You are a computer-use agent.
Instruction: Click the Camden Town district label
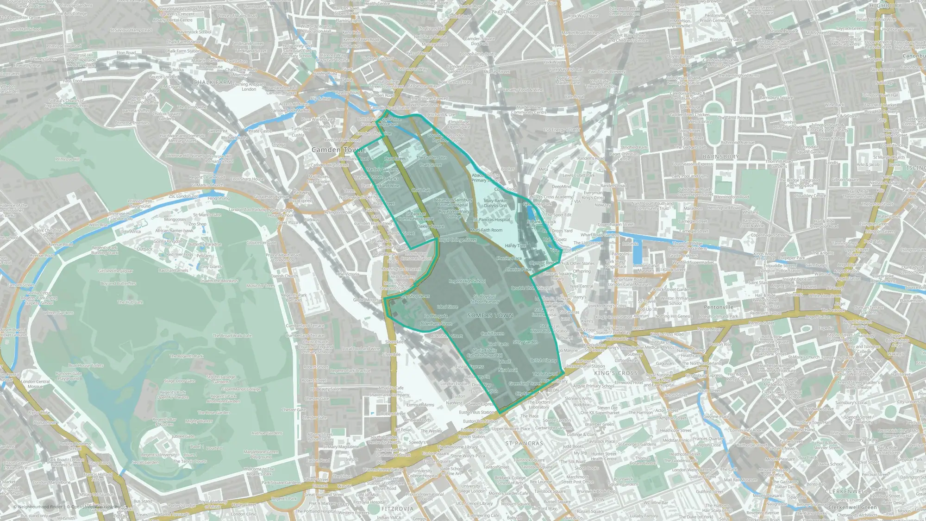(x=337, y=150)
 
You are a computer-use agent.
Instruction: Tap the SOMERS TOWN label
(x=490, y=315)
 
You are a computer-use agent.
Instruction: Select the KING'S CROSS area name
(x=616, y=373)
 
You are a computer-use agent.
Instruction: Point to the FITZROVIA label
(x=397, y=508)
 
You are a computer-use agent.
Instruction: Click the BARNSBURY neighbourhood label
(x=720, y=157)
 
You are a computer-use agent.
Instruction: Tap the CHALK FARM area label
(x=213, y=82)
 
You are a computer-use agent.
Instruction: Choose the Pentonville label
(x=719, y=307)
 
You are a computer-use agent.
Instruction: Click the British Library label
(x=544, y=360)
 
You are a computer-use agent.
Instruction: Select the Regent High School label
(x=467, y=281)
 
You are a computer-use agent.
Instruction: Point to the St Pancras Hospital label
(x=492, y=220)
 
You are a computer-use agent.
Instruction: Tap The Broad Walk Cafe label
(x=232, y=336)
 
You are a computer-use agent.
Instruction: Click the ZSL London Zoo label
(x=184, y=196)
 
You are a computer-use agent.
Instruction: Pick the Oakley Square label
(x=431, y=226)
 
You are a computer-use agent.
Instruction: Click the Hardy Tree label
(x=515, y=246)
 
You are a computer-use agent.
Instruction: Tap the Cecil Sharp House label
(x=247, y=179)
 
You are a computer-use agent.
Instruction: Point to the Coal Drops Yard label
(x=557, y=231)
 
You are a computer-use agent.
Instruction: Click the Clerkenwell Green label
(x=852, y=507)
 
